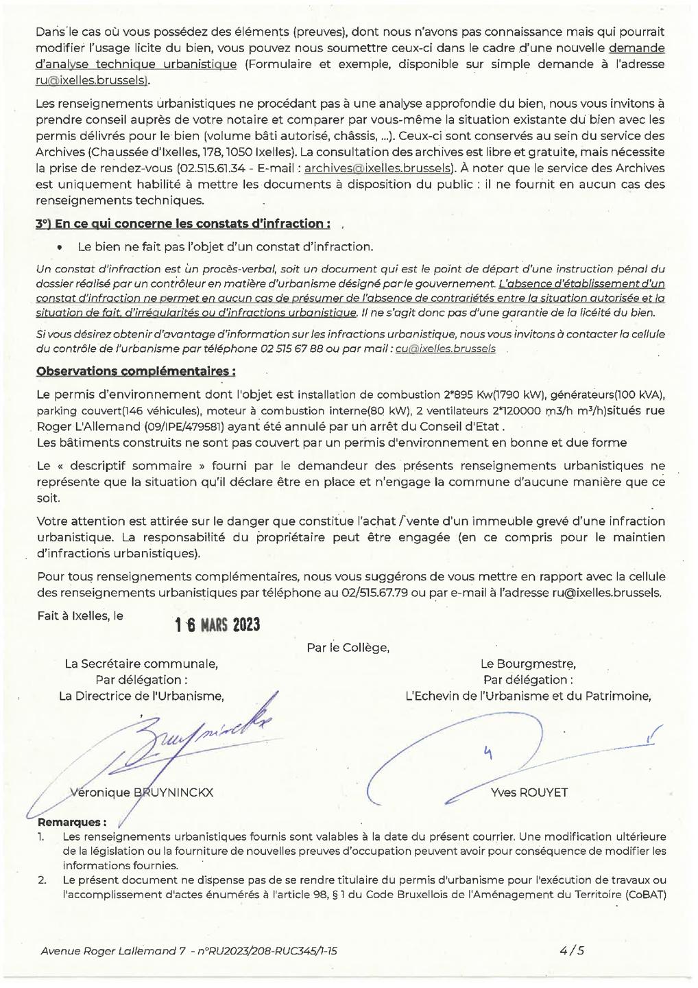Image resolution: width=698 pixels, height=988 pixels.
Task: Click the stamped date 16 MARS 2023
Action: pos(217,625)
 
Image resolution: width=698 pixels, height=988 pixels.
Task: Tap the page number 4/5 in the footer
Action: pos(571,950)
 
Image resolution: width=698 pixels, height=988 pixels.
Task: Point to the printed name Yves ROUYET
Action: pos(529,792)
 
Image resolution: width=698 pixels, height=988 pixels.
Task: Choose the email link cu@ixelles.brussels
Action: pos(445,349)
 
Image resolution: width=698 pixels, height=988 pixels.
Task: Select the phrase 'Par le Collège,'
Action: pos(348,647)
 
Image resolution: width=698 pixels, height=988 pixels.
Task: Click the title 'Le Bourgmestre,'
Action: pos(528,663)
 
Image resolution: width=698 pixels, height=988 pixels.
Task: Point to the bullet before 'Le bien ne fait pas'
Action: pos(60,247)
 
